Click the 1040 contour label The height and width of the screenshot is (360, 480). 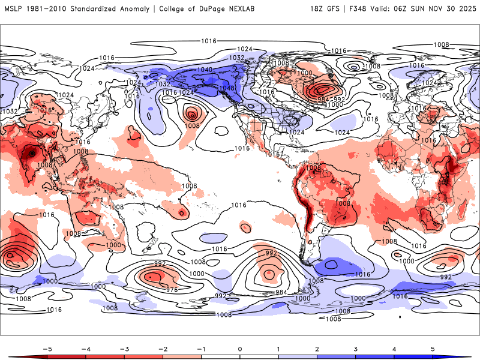tap(205, 70)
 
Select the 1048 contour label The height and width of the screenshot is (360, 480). tap(226, 88)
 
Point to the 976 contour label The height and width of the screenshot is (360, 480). tap(172, 290)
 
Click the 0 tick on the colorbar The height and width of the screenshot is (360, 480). tap(240, 348)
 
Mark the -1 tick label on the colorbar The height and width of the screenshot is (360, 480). tap(201, 348)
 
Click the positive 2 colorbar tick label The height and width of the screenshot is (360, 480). tap(317, 348)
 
